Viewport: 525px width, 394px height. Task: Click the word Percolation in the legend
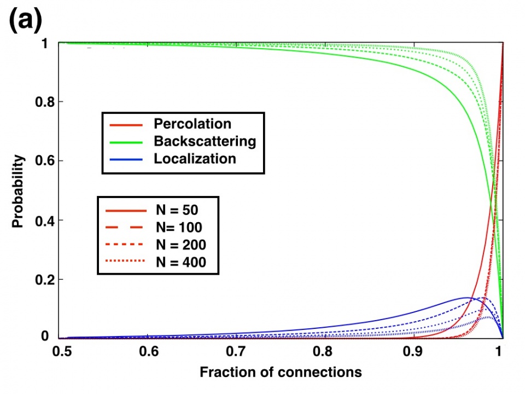point(192,124)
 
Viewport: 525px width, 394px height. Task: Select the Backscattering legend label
point(205,141)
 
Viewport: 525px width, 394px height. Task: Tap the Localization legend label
point(195,159)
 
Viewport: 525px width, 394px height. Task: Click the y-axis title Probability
point(19,191)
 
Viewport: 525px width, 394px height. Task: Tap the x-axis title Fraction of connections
point(281,372)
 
